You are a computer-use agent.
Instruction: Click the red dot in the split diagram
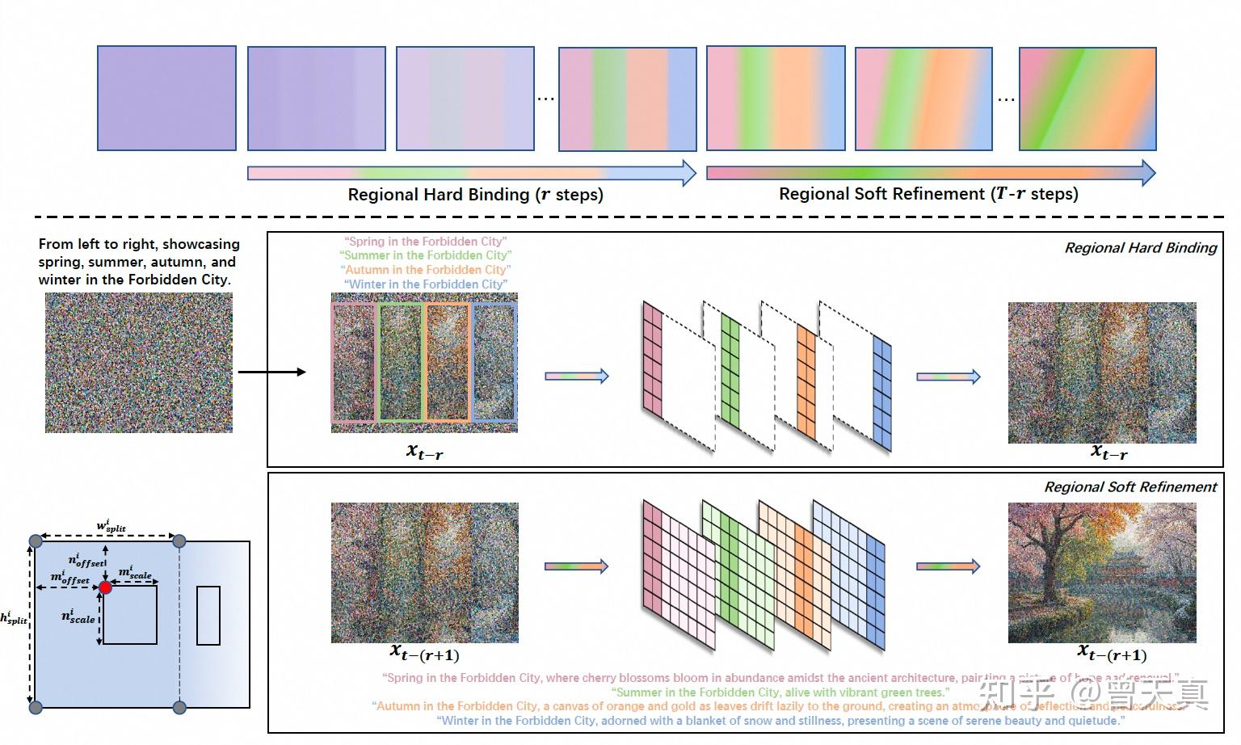click(105, 587)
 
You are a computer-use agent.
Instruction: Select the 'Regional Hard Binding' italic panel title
click(1140, 248)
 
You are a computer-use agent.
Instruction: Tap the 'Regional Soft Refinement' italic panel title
click(1130, 487)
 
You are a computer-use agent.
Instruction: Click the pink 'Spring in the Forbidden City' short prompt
click(425, 242)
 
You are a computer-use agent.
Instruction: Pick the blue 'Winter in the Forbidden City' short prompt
click(426, 284)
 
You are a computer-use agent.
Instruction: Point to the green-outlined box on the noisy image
click(401, 362)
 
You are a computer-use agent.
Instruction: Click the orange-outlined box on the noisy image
click(448, 362)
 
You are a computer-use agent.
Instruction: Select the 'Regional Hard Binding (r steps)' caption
click(475, 195)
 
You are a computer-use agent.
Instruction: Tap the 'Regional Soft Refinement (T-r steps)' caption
click(928, 194)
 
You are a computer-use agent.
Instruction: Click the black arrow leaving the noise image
click(271, 372)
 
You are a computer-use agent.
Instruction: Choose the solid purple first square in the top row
click(166, 98)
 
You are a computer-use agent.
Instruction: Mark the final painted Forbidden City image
click(1102, 572)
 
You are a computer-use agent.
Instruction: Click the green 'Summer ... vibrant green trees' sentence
click(780, 692)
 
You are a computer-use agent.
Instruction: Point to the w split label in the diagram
click(111, 527)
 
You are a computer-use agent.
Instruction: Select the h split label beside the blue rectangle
click(14, 618)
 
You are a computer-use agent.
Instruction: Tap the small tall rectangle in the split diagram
click(208, 615)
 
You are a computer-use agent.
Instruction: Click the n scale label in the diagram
click(78, 617)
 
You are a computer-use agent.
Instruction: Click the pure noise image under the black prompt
click(139, 362)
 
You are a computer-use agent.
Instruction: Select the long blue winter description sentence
click(780, 721)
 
